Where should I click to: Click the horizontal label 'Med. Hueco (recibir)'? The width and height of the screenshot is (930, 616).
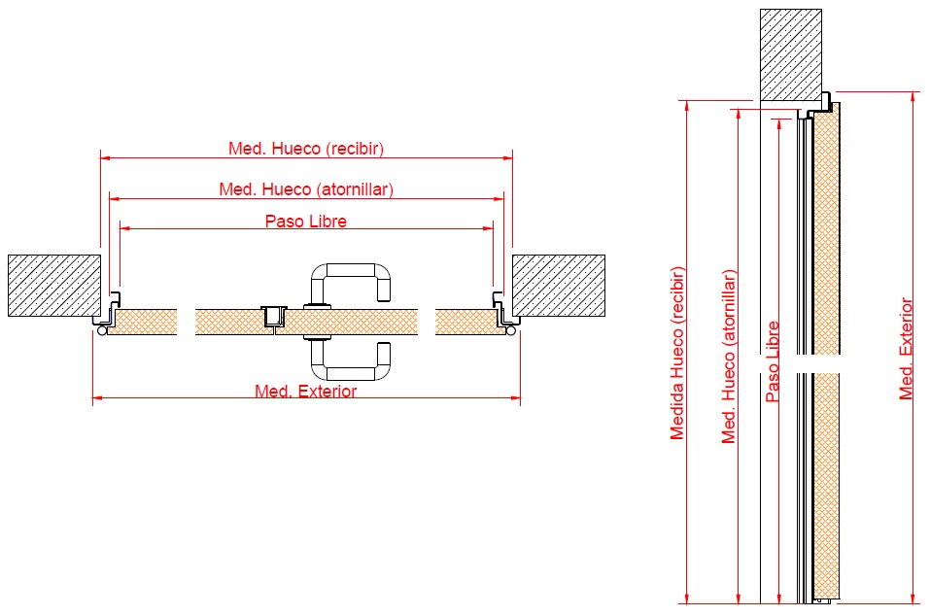click(306, 149)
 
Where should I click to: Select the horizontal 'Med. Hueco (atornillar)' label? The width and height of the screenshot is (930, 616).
click(306, 189)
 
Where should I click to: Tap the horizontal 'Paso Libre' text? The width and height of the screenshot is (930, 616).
click(306, 222)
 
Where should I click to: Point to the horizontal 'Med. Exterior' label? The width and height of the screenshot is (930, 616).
click(306, 392)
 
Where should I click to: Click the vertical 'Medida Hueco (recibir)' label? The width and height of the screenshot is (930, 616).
click(677, 354)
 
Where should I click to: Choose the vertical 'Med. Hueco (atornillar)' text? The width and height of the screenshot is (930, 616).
click(728, 357)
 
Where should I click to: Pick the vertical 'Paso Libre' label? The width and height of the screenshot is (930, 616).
click(773, 361)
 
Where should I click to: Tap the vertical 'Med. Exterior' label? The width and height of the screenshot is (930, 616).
click(906, 349)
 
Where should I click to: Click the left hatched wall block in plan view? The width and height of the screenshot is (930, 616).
click(54, 286)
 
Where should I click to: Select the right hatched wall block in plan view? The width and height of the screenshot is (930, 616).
click(559, 286)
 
